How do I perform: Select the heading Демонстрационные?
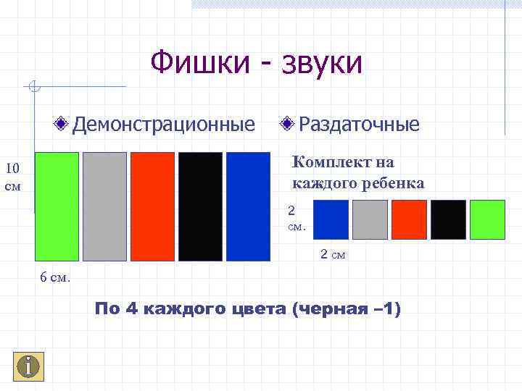coord(163,124)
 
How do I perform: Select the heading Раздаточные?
coord(359,124)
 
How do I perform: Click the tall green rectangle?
coord(57,206)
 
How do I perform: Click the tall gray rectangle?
coord(104,206)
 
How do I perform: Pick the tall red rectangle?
coord(152,206)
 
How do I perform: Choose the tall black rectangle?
coord(200,206)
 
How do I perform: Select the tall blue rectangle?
coord(248,206)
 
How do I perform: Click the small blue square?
coord(331,219)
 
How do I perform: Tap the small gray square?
coord(370,219)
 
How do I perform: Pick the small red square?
coord(409,219)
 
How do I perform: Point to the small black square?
coord(448,219)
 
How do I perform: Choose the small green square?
coord(487,219)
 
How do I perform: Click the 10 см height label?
coord(13,177)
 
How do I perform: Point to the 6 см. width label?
coord(55,278)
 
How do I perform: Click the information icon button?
coord(28,366)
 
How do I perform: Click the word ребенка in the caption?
coord(389,182)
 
